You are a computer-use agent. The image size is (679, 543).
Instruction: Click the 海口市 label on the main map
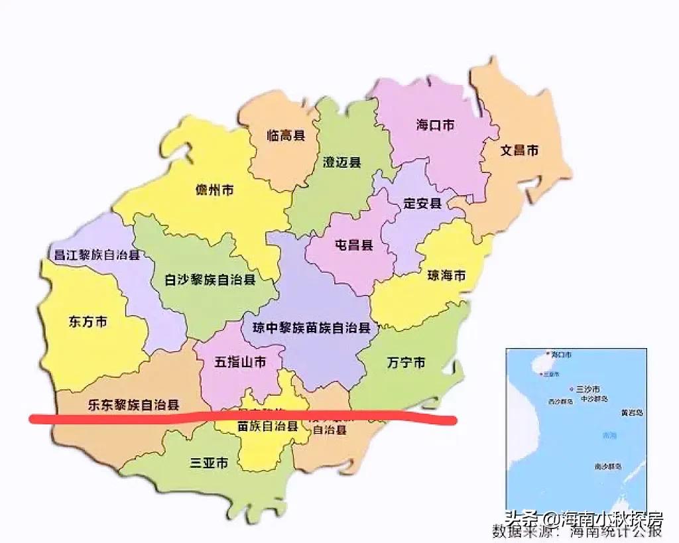pyautogui.click(x=436, y=124)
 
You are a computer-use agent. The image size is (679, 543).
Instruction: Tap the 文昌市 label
pyautogui.click(x=519, y=151)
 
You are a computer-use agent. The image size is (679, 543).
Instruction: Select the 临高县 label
pyautogui.click(x=286, y=135)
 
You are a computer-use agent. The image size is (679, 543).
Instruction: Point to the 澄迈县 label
pyautogui.click(x=341, y=162)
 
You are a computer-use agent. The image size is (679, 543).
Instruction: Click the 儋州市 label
pyautogui.click(x=214, y=190)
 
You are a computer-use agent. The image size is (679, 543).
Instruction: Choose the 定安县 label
pyautogui.click(x=422, y=204)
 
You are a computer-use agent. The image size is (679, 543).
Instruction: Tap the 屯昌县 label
pyautogui.click(x=353, y=245)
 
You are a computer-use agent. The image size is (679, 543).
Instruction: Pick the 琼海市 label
pyautogui.click(x=446, y=275)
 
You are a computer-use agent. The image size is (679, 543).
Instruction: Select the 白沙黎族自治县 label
pyautogui.click(x=210, y=280)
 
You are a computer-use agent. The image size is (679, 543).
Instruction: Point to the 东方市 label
pyautogui.click(x=88, y=322)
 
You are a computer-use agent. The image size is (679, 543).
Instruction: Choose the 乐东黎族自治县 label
pyautogui.click(x=133, y=404)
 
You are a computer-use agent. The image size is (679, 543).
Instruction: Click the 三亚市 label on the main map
pyautogui.click(x=209, y=463)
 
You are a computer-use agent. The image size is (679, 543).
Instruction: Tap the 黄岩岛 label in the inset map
pyautogui.click(x=631, y=412)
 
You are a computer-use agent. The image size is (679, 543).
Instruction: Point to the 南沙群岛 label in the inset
pyautogui.click(x=607, y=467)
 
